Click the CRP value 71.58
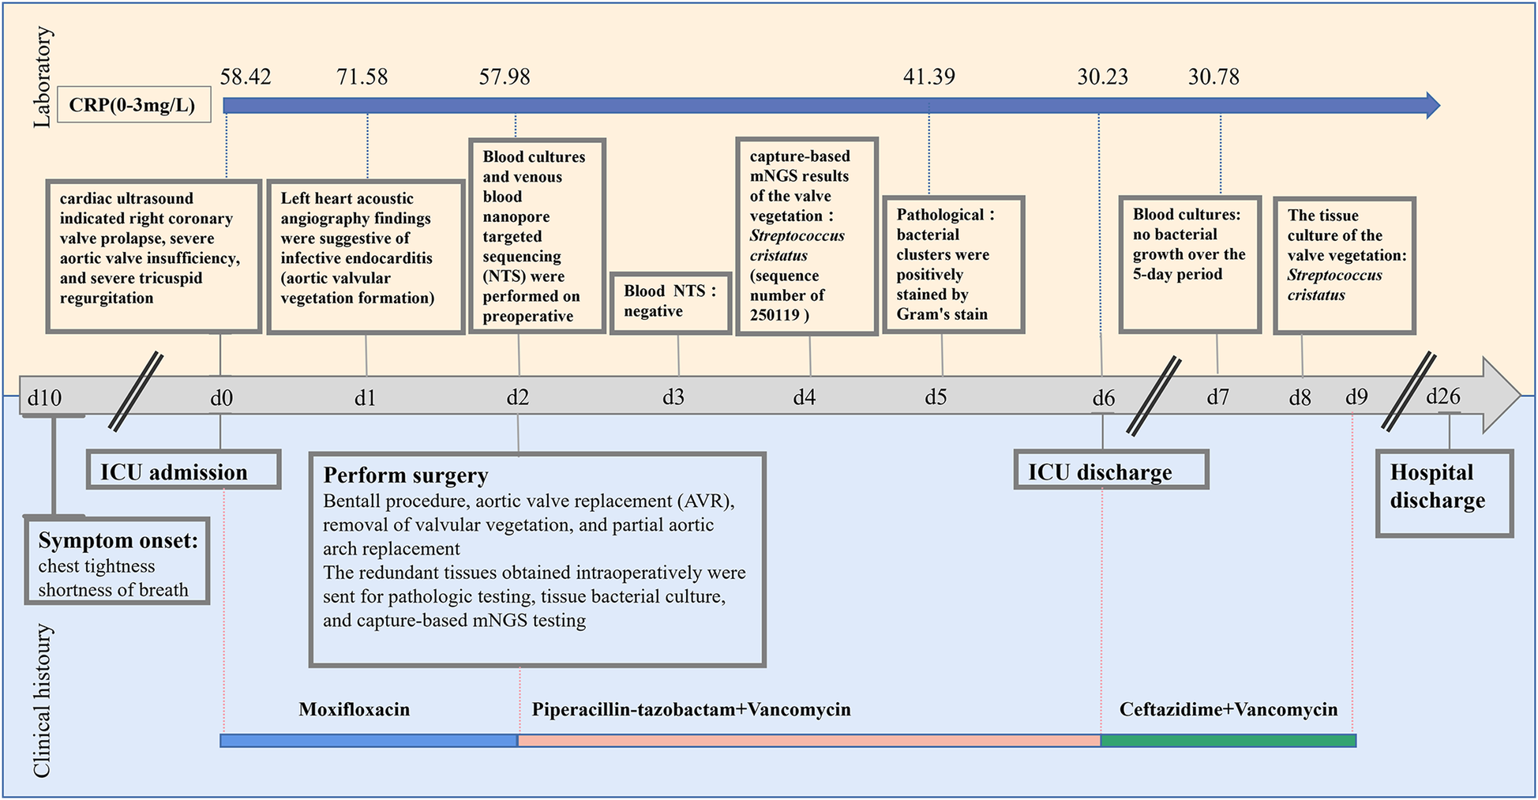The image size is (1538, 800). [x=362, y=77]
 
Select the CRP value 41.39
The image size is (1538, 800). [x=928, y=77]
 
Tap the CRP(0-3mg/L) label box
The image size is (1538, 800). [x=133, y=105]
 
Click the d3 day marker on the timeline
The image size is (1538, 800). [x=673, y=396]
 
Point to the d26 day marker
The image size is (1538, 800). [x=1442, y=396]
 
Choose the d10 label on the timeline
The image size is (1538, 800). [x=44, y=397]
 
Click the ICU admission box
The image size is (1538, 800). [x=183, y=471]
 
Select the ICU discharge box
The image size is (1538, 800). [x=1110, y=471]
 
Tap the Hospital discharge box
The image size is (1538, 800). [x=1443, y=494]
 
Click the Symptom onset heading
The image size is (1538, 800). [x=118, y=541]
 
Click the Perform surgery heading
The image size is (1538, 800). [x=406, y=475]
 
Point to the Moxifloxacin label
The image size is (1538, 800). [x=354, y=709]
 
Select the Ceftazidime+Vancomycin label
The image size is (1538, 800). [x=1228, y=709]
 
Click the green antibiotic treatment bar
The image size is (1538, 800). [x=1228, y=741]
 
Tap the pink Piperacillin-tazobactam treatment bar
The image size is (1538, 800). [x=808, y=741]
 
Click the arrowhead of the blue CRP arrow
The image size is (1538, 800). [x=1431, y=105]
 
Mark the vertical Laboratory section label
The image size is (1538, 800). [x=42, y=77]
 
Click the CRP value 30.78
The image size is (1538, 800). [x=1214, y=77]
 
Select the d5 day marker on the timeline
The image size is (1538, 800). [x=936, y=396]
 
